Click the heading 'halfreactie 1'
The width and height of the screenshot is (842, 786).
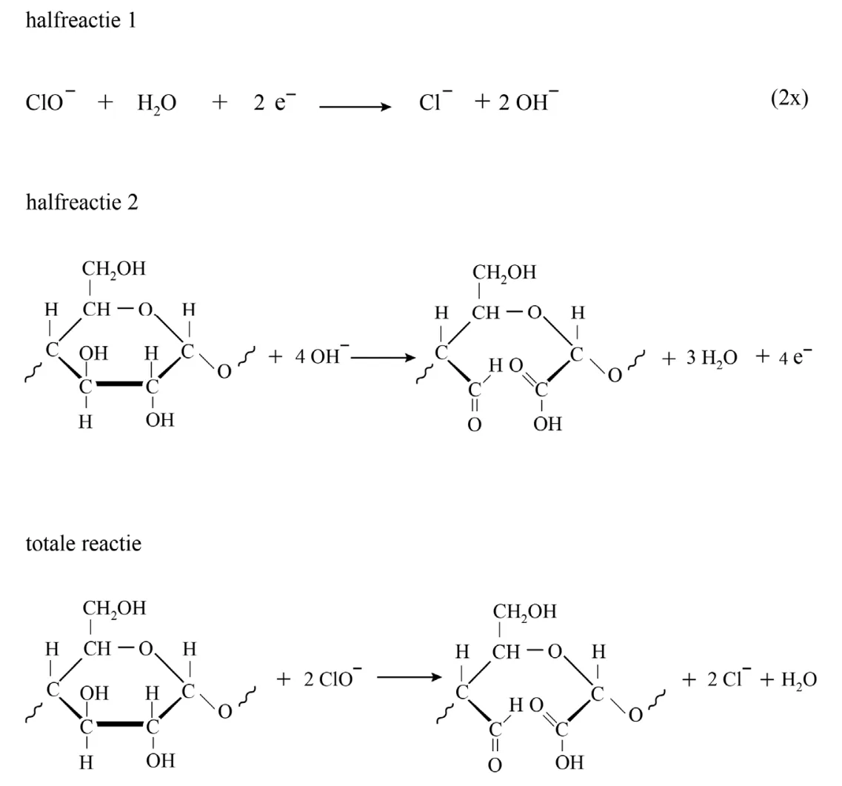coord(81,21)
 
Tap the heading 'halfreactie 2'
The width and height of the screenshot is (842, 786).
coord(82,202)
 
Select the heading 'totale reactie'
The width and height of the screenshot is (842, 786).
coord(84,544)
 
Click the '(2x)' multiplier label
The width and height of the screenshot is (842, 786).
coord(789,99)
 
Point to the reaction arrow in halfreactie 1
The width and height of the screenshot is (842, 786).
coord(355,107)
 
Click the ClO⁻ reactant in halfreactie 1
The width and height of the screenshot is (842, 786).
coord(50,101)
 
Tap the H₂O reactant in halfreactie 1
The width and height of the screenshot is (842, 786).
coord(157,103)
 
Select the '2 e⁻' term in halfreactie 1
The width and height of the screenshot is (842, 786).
coord(275,101)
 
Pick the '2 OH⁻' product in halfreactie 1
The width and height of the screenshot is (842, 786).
coord(529,101)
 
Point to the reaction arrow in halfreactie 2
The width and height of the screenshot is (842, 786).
coord(384,358)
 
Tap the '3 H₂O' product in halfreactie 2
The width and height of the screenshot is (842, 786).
coord(712,358)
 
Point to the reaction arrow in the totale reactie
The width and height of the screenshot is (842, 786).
coord(410,678)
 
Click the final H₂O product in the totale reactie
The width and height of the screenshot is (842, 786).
coord(799,680)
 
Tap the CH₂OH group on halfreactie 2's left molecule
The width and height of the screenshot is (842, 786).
coord(114,269)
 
